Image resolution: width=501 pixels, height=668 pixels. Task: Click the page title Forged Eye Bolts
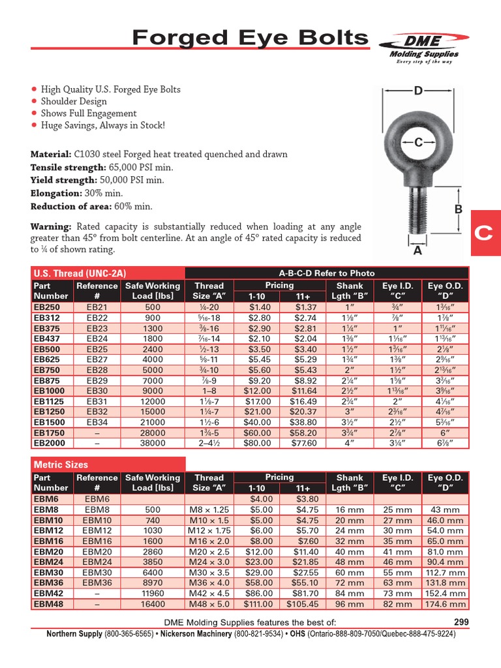pos(250,38)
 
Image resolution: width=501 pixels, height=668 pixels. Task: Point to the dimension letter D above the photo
pos(418,91)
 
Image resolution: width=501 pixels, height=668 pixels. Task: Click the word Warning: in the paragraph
pos(51,226)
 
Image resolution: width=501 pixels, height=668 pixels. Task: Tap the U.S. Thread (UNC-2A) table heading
pos(70,273)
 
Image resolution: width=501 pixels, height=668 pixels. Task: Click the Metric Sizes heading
pos(61,464)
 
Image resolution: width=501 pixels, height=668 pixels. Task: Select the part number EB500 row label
pos(47,349)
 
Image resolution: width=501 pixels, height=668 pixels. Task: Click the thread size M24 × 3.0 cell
pos(209,562)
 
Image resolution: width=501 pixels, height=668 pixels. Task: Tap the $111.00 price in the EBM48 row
pos(257,603)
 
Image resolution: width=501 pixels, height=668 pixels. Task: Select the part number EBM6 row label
pos(45,499)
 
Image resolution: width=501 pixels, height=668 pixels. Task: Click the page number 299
pos(461,622)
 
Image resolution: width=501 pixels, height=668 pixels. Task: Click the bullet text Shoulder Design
pos(74,101)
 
